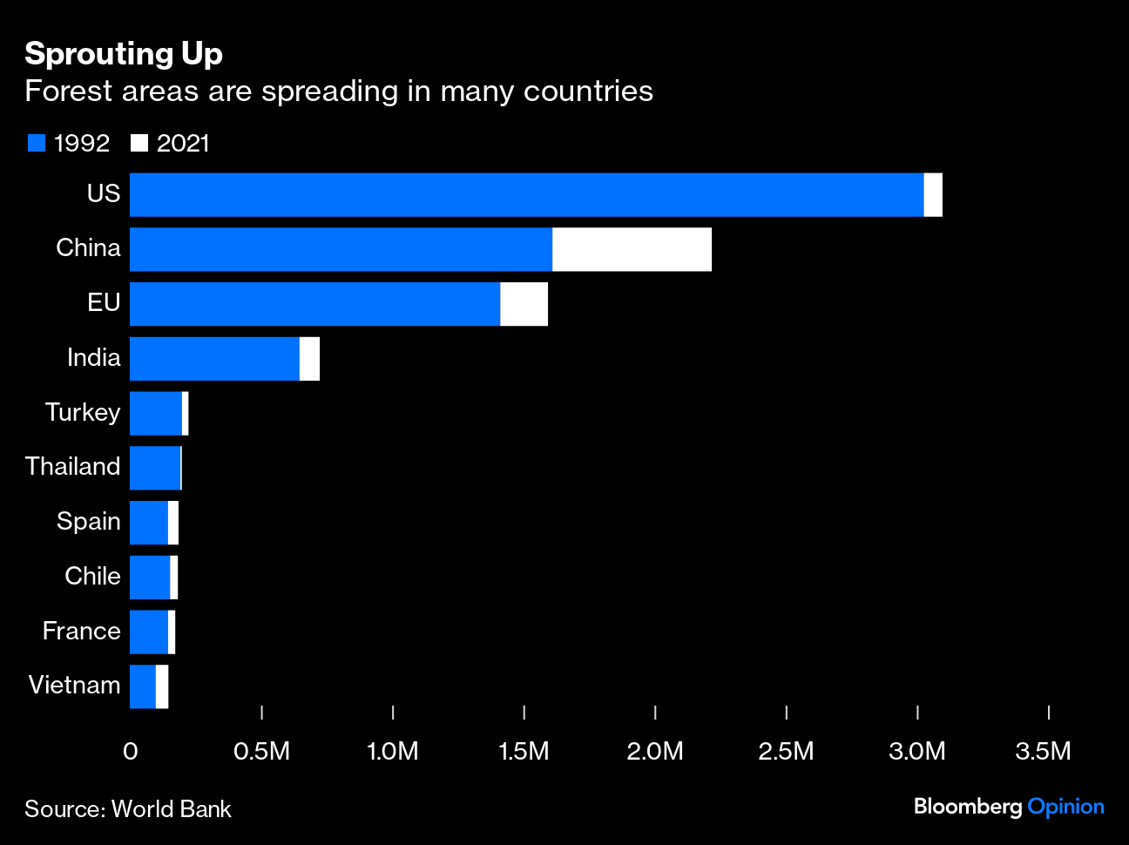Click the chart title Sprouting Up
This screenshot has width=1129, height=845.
[x=124, y=54]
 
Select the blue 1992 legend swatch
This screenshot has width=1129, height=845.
[x=37, y=143]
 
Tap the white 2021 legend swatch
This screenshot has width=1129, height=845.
[x=139, y=143]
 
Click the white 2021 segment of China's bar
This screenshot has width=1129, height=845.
[x=632, y=249]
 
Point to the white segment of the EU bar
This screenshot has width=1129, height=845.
[x=524, y=304]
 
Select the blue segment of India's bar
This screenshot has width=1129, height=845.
[x=214, y=359]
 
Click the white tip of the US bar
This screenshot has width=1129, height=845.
[x=933, y=194]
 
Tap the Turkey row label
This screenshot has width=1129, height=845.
[x=83, y=412]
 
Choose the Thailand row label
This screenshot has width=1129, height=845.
[x=73, y=467]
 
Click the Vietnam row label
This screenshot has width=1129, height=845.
[x=75, y=686]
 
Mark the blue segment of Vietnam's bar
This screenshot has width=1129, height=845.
[x=143, y=686]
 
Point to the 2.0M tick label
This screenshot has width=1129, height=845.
[x=655, y=751]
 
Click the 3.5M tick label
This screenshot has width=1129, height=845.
[x=1043, y=751]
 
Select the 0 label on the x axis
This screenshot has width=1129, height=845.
[x=131, y=751]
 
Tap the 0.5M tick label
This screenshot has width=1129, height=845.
[x=261, y=751]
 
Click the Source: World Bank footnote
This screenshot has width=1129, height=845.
[x=128, y=809]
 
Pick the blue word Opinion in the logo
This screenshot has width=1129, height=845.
[x=1065, y=807]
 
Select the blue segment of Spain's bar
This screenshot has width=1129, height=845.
[x=149, y=523]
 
